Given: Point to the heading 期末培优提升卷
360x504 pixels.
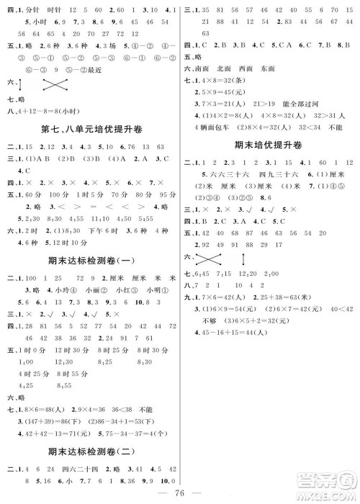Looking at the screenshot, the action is pos(268,145).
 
